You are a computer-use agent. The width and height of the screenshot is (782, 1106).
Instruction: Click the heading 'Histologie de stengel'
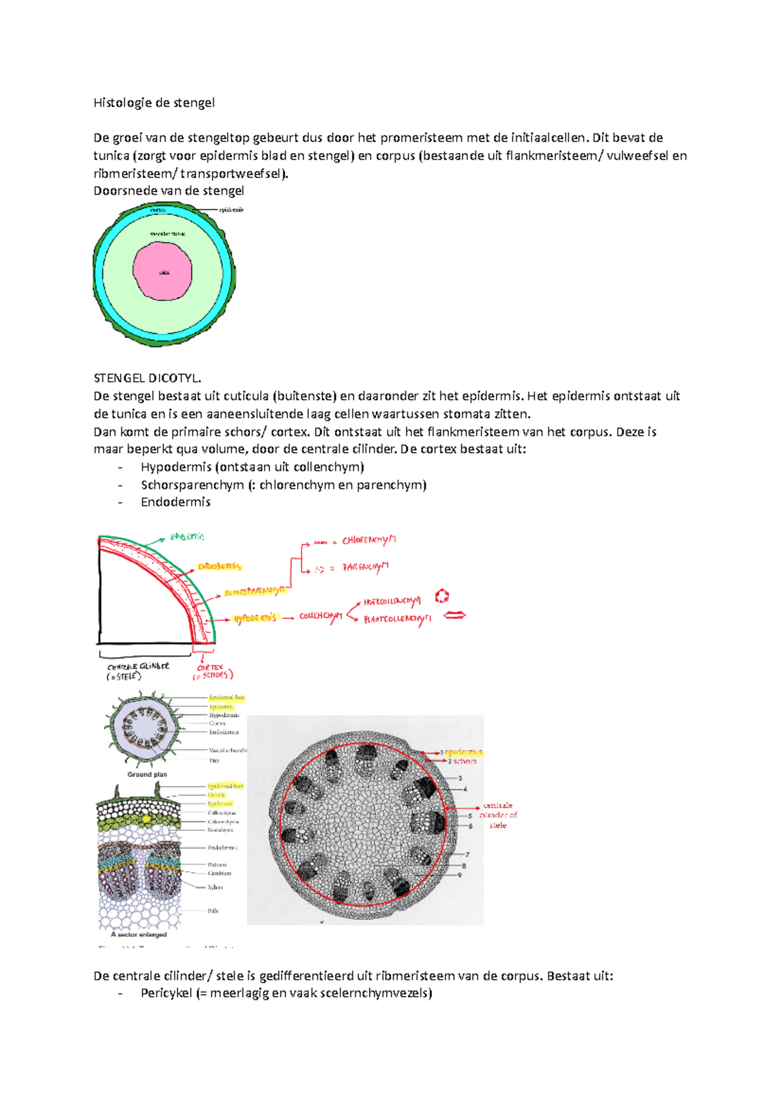tap(154, 102)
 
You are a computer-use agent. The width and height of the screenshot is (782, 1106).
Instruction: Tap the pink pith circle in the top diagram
tap(163, 271)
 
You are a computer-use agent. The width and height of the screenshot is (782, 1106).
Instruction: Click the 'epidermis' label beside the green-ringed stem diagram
tap(231, 210)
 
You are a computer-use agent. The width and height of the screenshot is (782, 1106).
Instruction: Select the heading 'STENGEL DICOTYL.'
tap(147, 378)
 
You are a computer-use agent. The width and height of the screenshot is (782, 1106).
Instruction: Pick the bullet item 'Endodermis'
tap(175, 502)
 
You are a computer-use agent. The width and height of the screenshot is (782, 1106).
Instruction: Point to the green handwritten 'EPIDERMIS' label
tap(187, 537)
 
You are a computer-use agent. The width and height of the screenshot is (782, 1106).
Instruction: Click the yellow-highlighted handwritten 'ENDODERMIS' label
tap(220, 567)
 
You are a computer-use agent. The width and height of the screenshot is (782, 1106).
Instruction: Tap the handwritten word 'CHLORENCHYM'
tap(369, 540)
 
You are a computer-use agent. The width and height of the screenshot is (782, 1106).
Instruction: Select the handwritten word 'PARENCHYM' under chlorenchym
tap(366, 567)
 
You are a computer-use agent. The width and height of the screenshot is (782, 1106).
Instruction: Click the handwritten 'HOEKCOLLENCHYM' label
tap(392, 602)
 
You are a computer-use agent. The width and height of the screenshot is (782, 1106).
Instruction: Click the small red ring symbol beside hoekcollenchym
tap(442, 596)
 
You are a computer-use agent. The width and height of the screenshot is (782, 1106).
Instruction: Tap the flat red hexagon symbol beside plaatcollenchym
tap(454, 615)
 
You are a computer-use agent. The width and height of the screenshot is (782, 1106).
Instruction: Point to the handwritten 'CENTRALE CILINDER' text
tap(138, 667)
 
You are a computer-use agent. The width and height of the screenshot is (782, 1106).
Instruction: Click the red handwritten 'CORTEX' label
tap(210, 668)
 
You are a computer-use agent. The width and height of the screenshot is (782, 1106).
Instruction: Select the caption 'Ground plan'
tap(147, 774)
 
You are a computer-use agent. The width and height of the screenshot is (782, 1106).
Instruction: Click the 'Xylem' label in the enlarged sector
tap(215, 887)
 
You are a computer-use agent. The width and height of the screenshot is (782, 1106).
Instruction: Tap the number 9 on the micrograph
tap(459, 875)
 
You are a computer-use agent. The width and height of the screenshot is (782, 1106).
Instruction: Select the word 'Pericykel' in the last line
tap(166, 993)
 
